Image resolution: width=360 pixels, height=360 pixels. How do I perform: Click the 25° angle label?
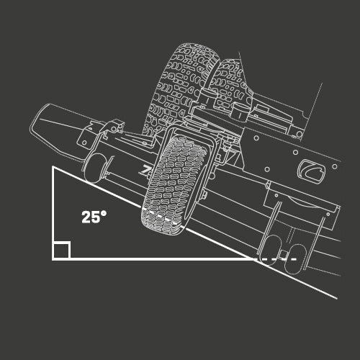pyautogui.click(x=94, y=216)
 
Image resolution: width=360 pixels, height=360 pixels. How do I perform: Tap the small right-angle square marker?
pyautogui.click(x=61, y=251)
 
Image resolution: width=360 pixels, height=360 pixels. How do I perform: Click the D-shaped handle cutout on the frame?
pyautogui.click(x=312, y=172)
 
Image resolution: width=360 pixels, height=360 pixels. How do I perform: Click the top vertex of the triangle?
pyautogui.click(x=53, y=167)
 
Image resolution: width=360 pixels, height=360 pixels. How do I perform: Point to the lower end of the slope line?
pyautogui.click(x=336, y=296)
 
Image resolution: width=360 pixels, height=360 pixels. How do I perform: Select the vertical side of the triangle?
pyautogui.click(x=53, y=212)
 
